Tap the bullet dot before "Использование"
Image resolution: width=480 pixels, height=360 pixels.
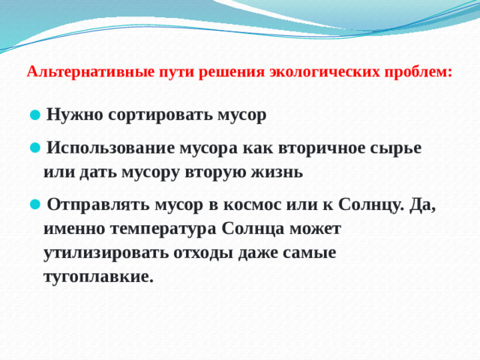coord(34,148)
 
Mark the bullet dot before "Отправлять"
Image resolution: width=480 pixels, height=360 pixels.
coord(34,204)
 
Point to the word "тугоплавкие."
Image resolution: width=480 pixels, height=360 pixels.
coord(99,277)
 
